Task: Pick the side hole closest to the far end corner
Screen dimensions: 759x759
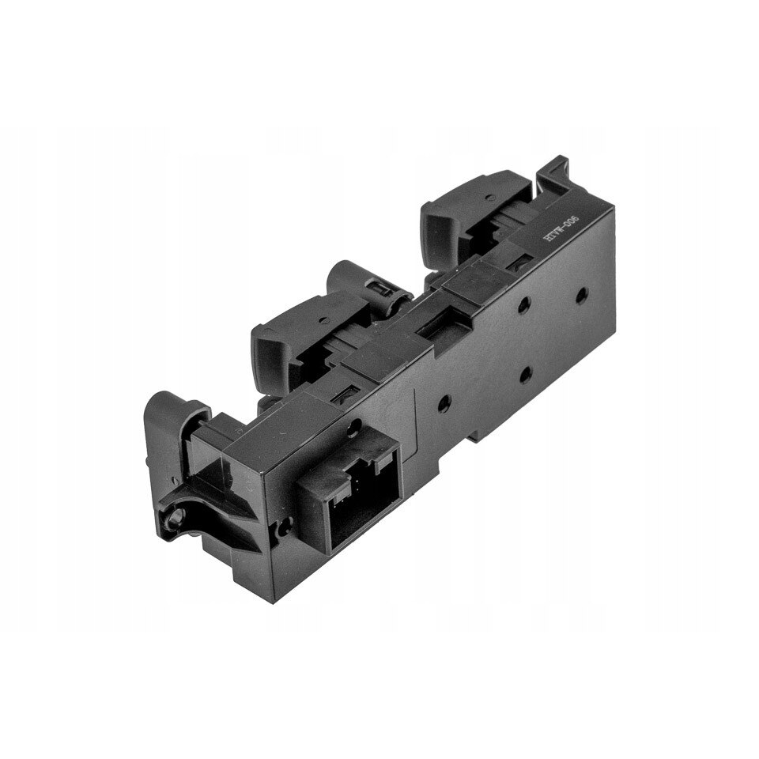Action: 581,295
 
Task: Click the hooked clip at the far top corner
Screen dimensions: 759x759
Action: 553,171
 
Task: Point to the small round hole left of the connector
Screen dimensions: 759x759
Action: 283,523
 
